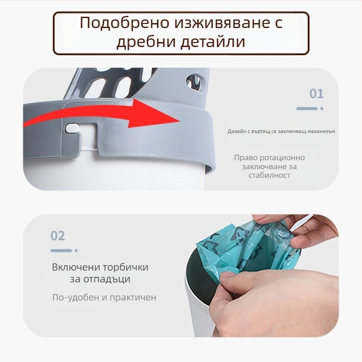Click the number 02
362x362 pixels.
pyautogui.click(x=58, y=236)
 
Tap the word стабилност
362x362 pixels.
pyautogui.click(x=269, y=175)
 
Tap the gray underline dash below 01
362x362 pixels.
pyautogui.click(x=307, y=109)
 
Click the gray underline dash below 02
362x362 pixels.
pyautogui.click(x=61, y=250)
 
